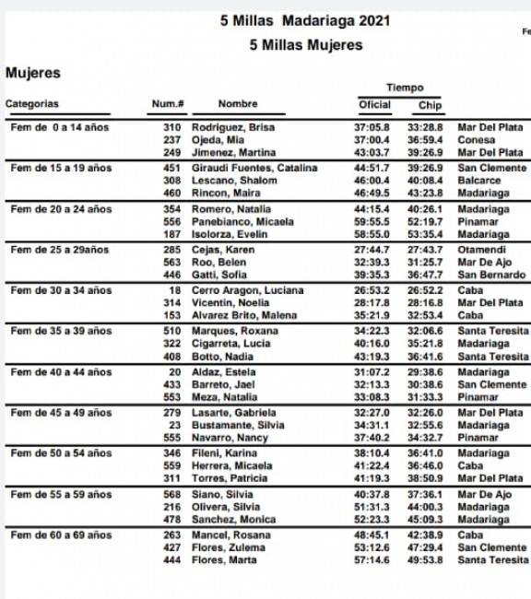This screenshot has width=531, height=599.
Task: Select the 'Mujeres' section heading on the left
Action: (x=33, y=73)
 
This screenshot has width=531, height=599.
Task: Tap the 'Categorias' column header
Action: (x=32, y=104)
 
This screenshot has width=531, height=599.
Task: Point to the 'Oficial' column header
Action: (x=374, y=105)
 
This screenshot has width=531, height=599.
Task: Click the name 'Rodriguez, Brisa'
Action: (x=232, y=127)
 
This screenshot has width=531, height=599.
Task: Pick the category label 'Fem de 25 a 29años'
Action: (x=60, y=250)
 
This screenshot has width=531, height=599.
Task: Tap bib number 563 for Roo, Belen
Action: (x=171, y=262)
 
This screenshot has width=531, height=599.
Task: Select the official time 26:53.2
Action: (x=372, y=290)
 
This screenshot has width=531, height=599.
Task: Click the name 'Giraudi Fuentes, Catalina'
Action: (x=254, y=168)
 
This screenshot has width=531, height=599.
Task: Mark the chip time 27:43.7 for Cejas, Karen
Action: (x=426, y=250)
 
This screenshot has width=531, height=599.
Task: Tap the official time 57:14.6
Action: (x=372, y=560)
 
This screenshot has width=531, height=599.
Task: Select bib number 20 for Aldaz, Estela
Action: (x=175, y=371)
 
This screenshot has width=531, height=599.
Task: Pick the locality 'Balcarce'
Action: (x=479, y=181)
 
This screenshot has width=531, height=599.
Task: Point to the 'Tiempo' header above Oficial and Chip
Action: (x=405, y=88)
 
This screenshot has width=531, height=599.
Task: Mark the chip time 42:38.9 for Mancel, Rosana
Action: (x=426, y=534)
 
